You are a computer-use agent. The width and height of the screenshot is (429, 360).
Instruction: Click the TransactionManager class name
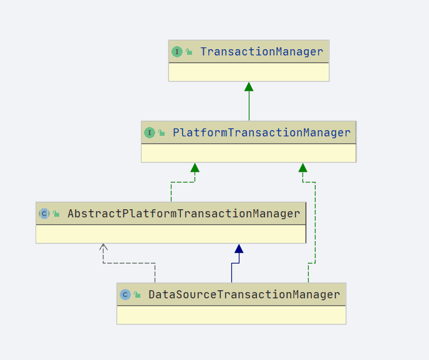(x=261, y=52)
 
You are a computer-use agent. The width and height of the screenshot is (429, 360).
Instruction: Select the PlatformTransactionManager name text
(x=261, y=133)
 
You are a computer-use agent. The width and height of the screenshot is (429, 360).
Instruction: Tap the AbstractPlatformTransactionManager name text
(x=184, y=214)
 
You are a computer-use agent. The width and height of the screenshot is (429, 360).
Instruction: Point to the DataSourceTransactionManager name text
(x=244, y=295)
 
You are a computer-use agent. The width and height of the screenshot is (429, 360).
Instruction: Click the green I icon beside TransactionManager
(x=177, y=52)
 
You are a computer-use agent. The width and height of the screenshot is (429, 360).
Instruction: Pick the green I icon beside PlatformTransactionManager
(x=150, y=133)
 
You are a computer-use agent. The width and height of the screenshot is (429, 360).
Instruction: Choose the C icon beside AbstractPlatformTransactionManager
(x=44, y=214)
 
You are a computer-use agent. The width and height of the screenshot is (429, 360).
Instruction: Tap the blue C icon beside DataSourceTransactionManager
(x=125, y=295)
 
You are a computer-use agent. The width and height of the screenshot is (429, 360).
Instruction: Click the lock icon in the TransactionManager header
(x=189, y=52)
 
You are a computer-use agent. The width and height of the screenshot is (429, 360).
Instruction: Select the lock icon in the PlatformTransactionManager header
(x=161, y=133)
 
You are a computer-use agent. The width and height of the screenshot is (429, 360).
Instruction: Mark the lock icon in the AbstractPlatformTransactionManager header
(x=56, y=214)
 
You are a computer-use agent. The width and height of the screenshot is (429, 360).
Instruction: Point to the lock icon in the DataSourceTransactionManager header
(x=137, y=295)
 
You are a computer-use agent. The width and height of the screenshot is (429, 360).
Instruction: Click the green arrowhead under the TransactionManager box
(x=249, y=87)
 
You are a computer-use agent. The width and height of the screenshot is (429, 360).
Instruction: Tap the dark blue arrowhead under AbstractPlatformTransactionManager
(x=239, y=249)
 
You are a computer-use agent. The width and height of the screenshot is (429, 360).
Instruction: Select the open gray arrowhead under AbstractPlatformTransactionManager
(x=103, y=247)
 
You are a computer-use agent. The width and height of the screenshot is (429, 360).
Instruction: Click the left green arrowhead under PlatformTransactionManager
(x=195, y=168)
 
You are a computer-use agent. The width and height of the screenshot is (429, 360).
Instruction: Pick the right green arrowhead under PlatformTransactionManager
(x=303, y=168)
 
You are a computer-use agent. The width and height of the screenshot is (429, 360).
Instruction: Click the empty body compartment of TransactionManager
(x=249, y=72)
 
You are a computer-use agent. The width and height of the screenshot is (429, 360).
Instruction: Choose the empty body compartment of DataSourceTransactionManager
(x=231, y=315)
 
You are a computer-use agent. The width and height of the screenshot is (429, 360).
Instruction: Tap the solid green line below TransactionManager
(x=249, y=105)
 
